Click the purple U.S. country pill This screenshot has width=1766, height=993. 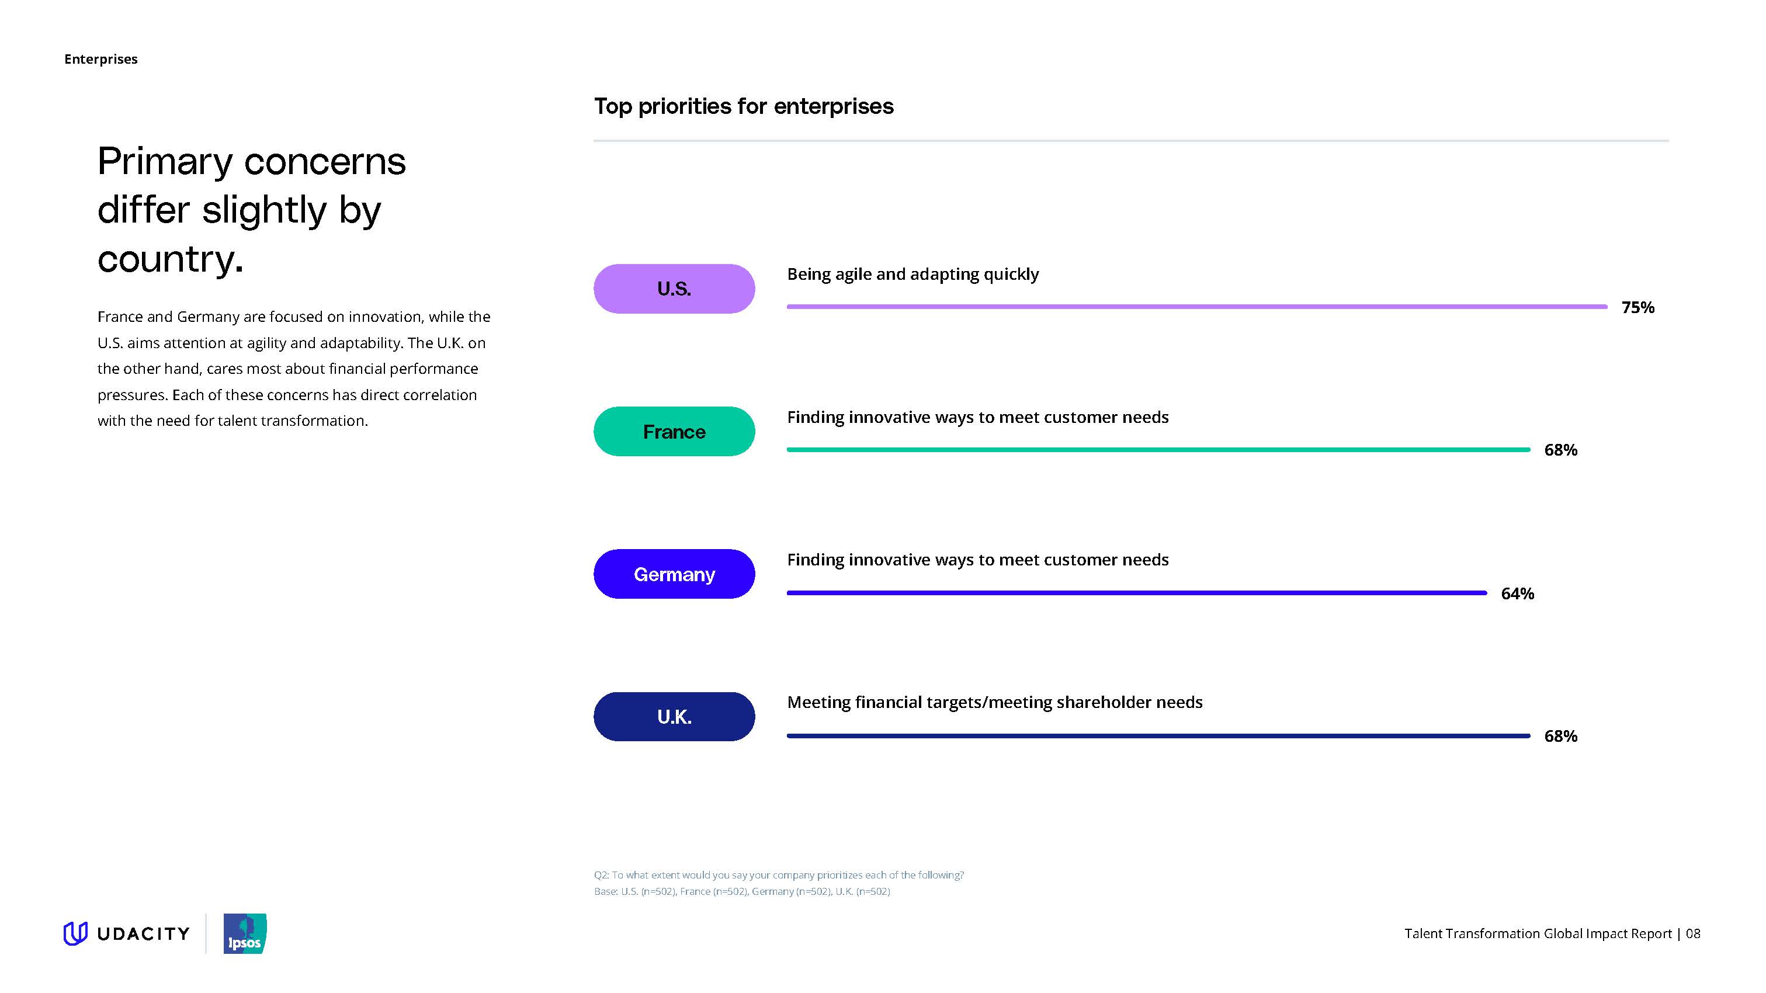pos(674,289)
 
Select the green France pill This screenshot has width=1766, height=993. pos(674,431)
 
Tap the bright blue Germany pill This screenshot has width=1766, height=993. pos(674,574)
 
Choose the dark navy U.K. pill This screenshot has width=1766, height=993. pos(674,716)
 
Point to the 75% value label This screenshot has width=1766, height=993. pos(1637,307)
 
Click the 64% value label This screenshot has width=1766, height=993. pos(1517,593)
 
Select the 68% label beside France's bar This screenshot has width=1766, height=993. pos(1560,450)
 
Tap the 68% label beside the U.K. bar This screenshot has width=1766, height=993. pos(1560,736)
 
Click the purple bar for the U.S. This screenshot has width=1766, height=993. pos(1197,306)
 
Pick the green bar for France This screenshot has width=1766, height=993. pos(1158,450)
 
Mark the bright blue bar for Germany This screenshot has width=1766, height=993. pos(1137,593)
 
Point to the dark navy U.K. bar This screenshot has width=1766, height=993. pos(1158,735)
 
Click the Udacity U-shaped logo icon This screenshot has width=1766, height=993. pos(75,933)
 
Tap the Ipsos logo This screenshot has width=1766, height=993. pos(245,933)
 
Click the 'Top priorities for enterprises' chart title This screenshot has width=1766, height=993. pos(743,106)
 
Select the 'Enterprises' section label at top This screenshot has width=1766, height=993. pos(101,59)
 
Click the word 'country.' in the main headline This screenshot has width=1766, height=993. pos(170,259)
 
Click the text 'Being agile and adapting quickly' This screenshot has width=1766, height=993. pos(913,274)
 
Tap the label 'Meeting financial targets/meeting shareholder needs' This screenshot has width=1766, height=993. pos(995,703)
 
